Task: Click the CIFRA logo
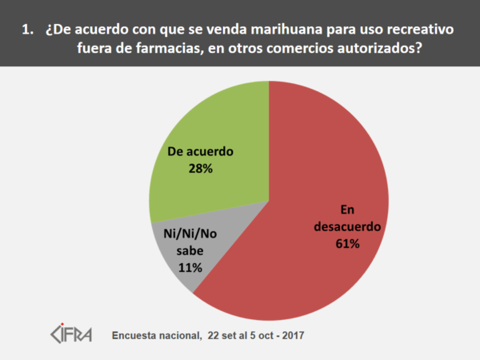tap(72, 332)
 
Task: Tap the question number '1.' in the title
tap(29, 30)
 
